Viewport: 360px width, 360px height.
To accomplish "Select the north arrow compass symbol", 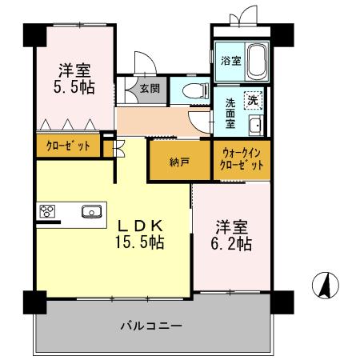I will [x=325, y=284].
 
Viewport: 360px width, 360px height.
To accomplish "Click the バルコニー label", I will [x=151, y=326].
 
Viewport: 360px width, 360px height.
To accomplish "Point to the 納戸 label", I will [x=180, y=161].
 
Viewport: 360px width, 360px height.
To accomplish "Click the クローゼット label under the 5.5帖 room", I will [x=67, y=146].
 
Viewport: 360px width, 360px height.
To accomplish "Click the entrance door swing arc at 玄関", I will [x=142, y=64].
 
